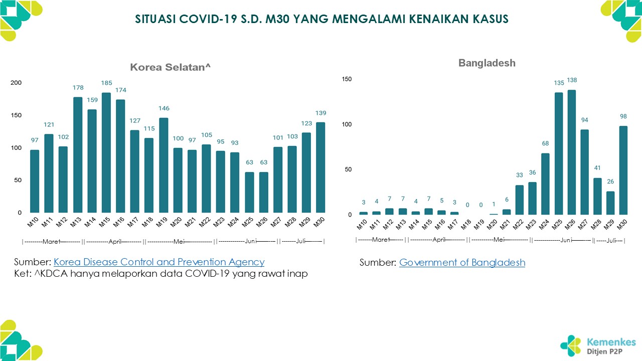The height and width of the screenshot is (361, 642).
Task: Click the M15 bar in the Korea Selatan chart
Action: (x=106, y=152)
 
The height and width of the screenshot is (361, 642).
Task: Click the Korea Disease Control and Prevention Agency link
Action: (x=159, y=262)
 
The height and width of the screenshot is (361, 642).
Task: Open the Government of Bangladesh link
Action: (x=462, y=262)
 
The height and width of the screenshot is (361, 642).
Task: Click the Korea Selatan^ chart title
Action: (x=169, y=67)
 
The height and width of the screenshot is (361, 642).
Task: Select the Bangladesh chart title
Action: (x=487, y=63)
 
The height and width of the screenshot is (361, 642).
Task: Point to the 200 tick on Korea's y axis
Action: (x=17, y=83)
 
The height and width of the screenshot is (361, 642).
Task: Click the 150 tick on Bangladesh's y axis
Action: (x=347, y=79)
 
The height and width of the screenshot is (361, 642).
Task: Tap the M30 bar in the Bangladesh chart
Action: (x=623, y=170)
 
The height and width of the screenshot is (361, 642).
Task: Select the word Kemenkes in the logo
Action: (x=611, y=342)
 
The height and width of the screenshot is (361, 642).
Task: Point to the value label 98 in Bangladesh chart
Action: (x=623, y=116)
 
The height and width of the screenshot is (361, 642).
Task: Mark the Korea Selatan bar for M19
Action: (x=164, y=165)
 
